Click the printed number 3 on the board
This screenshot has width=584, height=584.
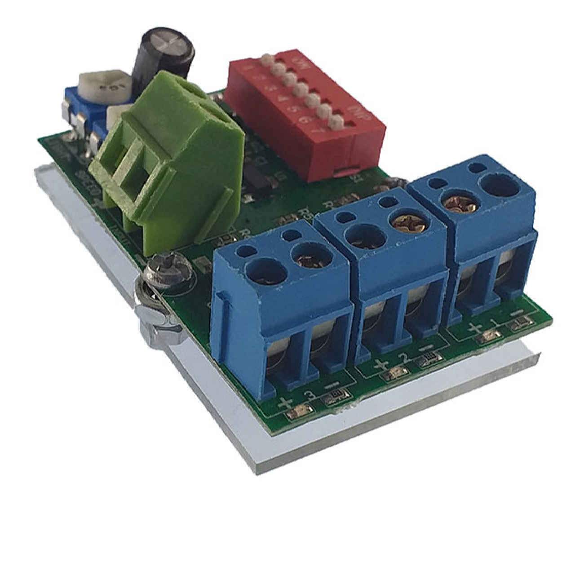(x=309, y=395)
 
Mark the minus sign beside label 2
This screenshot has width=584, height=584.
(x=424, y=348)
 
